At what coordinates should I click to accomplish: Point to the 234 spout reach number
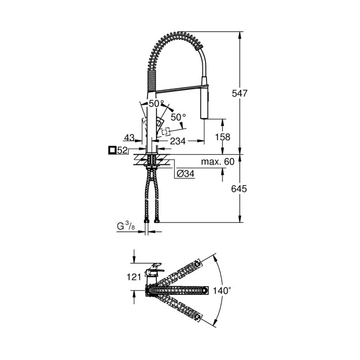point(178,141)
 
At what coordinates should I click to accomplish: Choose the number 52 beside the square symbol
point(122,151)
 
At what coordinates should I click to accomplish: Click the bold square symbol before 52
point(112,150)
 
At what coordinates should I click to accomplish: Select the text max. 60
point(218,162)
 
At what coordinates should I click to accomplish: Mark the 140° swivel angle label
point(223,291)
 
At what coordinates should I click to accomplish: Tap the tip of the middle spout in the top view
point(206,291)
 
